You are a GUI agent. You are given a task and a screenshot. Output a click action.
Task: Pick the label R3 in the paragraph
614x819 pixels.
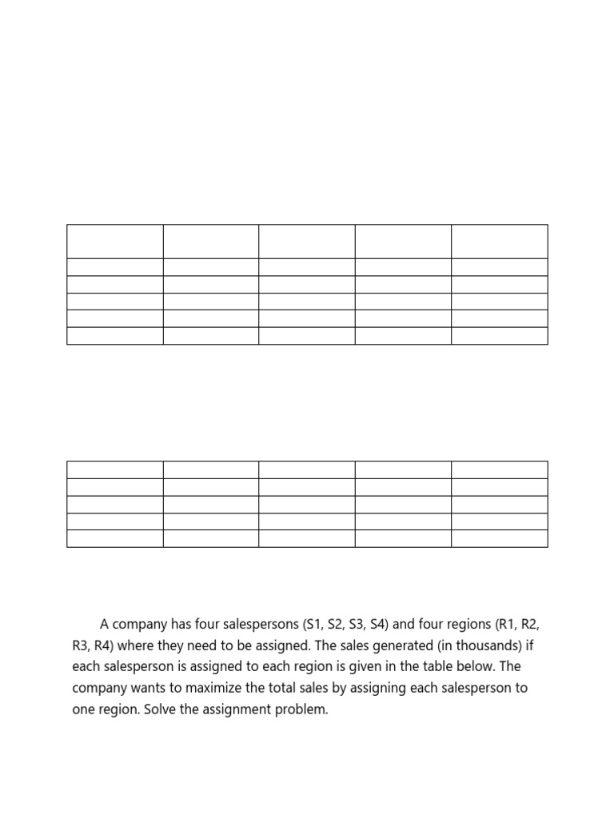tap(81, 645)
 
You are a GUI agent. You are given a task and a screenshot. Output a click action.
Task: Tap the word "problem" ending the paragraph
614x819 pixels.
tap(303, 709)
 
